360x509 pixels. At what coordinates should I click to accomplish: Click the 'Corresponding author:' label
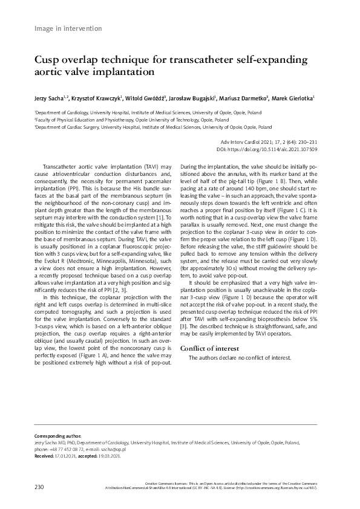(x=56, y=436)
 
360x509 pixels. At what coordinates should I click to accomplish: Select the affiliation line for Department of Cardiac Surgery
(x=153, y=128)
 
